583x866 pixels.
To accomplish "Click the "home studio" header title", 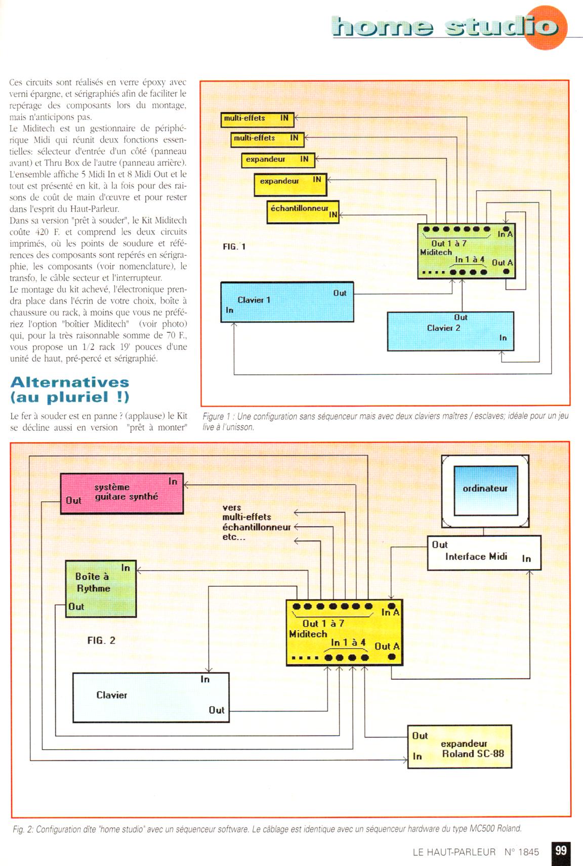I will pyautogui.click(x=445, y=26).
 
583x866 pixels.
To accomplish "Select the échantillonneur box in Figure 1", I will pyautogui.click(x=303, y=211).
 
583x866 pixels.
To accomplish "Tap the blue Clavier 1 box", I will pyautogui.click(x=287, y=302).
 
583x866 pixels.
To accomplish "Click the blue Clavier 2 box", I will pyautogui.click(x=450, y=331).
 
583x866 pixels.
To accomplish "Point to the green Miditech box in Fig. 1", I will pyautogui.click(x=466, y=251).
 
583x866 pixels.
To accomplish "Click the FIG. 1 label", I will pyautogui.click(x=234, y=246).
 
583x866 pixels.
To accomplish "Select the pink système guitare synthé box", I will pyautogui.click(x=121, y=493).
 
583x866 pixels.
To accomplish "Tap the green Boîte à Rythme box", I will pyautogui.click(x=101, y=588).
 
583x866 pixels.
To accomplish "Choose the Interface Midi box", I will pyautogui.click(x=483, y=553).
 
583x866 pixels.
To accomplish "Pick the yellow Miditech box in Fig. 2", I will pyautogui.click(x=344, y=633).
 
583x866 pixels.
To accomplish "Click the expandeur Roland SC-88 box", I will pyautogui.click(x=460, y=747).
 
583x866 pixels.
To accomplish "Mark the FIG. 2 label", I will pyautogui.click(x=101, y=640).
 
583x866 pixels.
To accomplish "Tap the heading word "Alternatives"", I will pyautogui.click(x=70, y=382).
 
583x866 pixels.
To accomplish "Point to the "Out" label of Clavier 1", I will pyautogui.click(x=340, y=293).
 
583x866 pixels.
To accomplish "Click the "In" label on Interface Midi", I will pyautogui.click(x=526, y=558).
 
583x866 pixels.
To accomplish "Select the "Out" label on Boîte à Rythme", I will pyautogui.click(x=76, y=607).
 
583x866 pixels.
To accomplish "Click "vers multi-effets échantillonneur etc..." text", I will pyautogui.click(x=256, y=522).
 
